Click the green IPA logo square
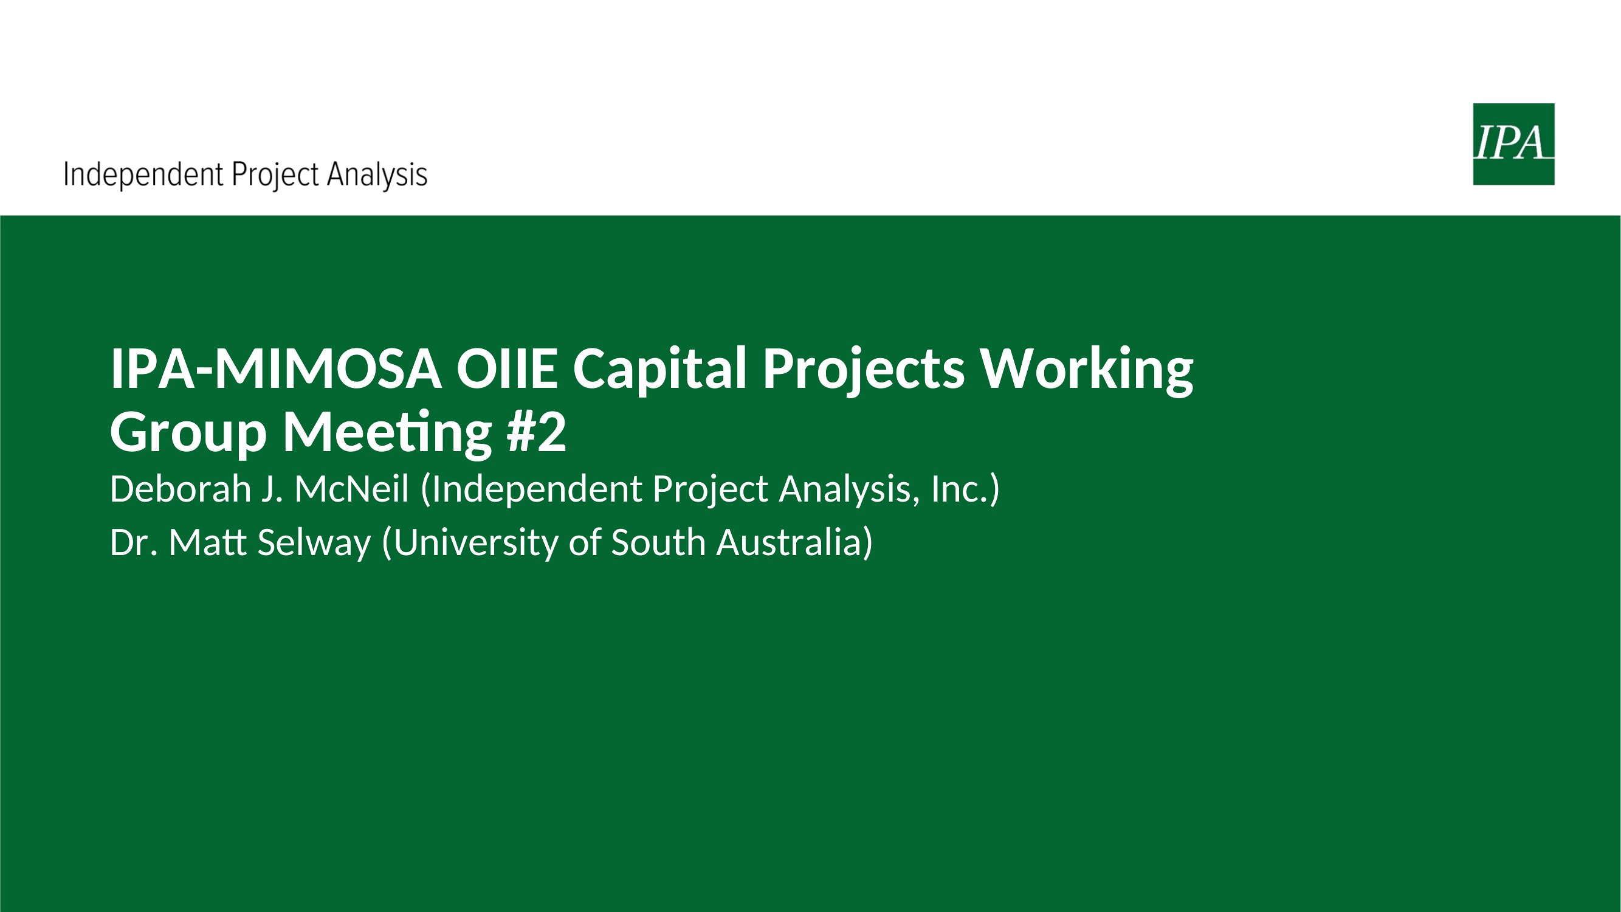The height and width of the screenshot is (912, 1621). (1513, 144)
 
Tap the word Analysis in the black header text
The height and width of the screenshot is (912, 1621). (377, 175)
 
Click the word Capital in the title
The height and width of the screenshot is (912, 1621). (660, 371)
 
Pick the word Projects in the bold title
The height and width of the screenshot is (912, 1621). (863, 371)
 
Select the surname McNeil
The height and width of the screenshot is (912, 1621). (352, 489)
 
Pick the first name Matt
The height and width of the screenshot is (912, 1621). (207, 542)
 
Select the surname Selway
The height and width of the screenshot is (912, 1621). (314, 544)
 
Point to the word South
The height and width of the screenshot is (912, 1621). (658, 542)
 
